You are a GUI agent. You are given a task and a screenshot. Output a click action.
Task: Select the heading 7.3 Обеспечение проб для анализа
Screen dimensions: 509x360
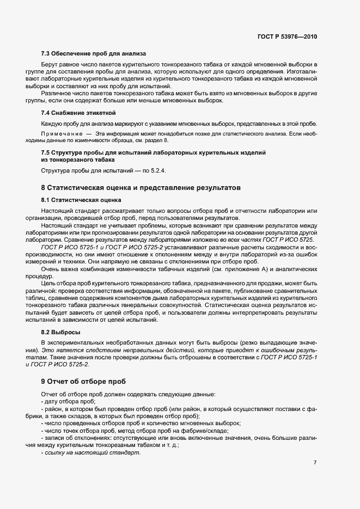(x=93, y=53)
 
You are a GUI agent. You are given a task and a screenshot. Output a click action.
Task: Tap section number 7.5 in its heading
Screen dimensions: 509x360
(x=46, y=152)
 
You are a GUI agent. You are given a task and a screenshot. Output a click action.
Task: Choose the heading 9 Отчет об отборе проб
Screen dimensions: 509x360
(x=83, y=381)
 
